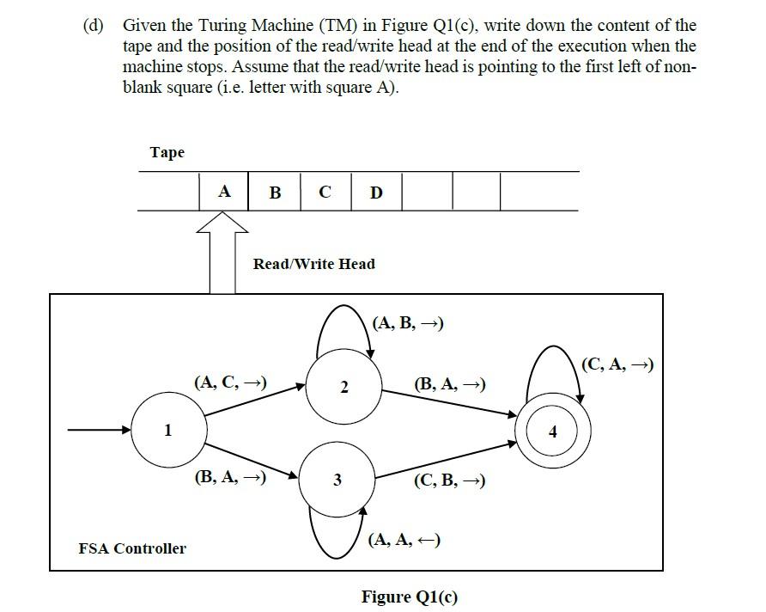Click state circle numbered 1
[x=168, y=430]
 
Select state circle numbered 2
[x=343, y=388]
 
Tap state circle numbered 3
[x=337, y=480]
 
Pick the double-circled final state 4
[x=553, y=431]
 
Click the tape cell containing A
[x=223, y=192]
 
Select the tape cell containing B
[x=275, y=192]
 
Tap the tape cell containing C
[x=325, y=192]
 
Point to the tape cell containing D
[x=376, y=192]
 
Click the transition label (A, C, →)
[x=230, y=381]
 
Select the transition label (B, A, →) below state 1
[x=230, y=476]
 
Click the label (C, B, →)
[x=449, y=480]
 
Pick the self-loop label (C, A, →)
[x=617, y=364]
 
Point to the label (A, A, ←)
[x=404, y=539]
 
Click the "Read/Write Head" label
[x=313, y=264]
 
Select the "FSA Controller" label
[x=131, y=548]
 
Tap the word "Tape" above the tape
[x=167, y=152]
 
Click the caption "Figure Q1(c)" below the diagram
[x=410, y=597]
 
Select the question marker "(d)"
[x=94, y=26]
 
